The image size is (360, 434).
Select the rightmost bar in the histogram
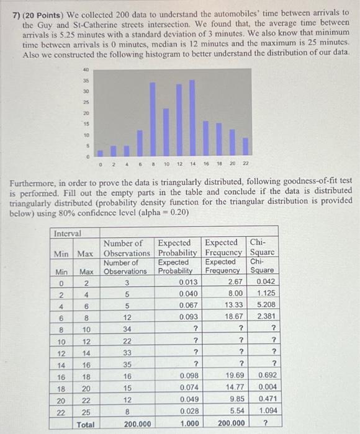click(x=245, y=146)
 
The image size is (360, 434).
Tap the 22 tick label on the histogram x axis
click(x=245, y=164)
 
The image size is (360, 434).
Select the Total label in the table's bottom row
click(x=85, y=424)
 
